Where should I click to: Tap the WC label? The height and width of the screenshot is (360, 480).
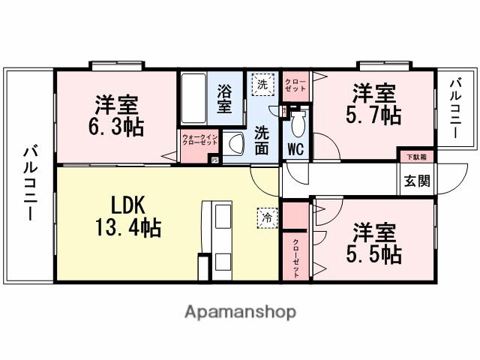295,148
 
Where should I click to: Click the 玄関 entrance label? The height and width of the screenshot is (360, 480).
417,181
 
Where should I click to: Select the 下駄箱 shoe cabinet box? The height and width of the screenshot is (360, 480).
416,157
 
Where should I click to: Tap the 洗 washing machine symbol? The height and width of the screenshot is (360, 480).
262,84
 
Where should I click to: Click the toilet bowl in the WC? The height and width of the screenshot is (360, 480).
296,120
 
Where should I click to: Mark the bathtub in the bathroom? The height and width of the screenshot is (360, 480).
193,100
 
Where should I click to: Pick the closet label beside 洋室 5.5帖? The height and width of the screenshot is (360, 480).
295,257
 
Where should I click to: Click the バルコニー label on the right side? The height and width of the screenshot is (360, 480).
456,107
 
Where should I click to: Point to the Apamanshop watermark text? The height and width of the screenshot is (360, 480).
240,311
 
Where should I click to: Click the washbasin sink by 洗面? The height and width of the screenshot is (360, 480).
234,142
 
